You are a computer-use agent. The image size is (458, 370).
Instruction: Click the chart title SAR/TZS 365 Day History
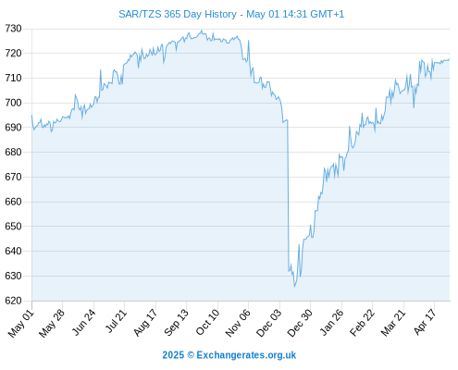(178, 14)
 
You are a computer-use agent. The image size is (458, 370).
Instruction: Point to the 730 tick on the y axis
(13, 29)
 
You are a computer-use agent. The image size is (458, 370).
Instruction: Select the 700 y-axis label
(13, 103)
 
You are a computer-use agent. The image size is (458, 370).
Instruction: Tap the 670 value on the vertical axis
(13, 177)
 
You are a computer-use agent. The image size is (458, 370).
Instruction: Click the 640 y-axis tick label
(13, 251)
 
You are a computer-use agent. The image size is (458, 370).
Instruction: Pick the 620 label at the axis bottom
(13, 301)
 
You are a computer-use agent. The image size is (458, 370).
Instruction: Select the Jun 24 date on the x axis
(83, 322)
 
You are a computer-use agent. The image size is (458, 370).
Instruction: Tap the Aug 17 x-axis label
(145, 323)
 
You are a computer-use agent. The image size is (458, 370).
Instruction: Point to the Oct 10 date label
(207, 322)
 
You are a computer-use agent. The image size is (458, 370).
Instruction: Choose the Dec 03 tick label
(268, 323)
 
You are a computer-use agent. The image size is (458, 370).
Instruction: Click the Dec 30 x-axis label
(300, 323)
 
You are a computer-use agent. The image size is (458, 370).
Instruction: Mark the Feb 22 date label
(362, 323)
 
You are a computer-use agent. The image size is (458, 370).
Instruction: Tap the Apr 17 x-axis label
(425, 322)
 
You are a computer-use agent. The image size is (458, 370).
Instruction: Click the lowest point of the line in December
(294, 287)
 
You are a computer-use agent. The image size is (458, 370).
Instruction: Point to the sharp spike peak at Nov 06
(249, 41)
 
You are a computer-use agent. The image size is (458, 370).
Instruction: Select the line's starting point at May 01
(31, 116)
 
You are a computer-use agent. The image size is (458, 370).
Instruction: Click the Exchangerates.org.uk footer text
(246, 355)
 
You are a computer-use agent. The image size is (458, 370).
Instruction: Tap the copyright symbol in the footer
(191, 355)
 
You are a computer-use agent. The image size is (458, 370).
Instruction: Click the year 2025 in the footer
(173, 355)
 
